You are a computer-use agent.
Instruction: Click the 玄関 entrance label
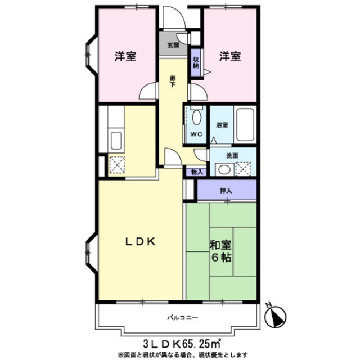[173, 45]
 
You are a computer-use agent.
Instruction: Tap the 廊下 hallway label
[173, 81]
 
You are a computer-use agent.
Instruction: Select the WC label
[196, 134]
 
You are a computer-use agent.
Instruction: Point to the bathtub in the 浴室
[245, 125]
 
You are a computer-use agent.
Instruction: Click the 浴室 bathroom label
[222, 125]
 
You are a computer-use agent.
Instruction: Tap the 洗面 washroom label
[232, 156]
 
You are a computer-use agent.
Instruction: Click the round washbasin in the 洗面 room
[224, 170]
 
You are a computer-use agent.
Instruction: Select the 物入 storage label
[197, 172]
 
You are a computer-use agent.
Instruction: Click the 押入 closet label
[226, 191]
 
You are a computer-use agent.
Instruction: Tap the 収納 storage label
[196, 62]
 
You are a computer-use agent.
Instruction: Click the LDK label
[141, 241]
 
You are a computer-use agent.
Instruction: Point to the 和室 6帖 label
[220, 251]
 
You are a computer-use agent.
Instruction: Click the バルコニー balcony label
[182, 318]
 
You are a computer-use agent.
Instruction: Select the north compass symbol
[275, 316]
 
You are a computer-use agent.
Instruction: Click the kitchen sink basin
[116, 141]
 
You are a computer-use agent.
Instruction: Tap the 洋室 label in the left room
[125, 56]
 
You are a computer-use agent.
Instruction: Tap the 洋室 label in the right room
[230, 56]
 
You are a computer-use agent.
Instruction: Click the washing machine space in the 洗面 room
[243, 169]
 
